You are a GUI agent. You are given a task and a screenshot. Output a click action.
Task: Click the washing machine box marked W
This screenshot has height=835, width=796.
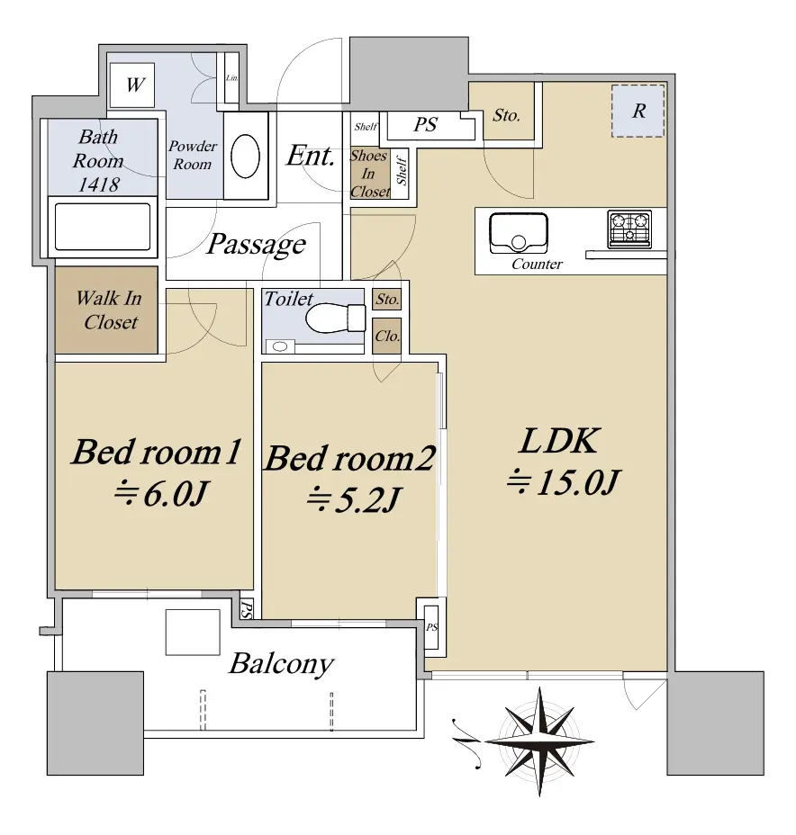[132, 85]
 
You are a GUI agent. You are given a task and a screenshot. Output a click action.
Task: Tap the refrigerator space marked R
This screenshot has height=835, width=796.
[638, 111]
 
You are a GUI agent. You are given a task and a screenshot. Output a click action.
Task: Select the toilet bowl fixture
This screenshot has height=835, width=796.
[336, 318]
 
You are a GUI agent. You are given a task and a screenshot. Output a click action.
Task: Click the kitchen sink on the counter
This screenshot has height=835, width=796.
[519, 233]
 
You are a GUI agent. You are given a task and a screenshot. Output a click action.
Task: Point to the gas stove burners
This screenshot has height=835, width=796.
[629, 229]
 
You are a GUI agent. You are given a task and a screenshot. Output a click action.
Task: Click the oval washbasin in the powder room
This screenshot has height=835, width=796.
[245, 156]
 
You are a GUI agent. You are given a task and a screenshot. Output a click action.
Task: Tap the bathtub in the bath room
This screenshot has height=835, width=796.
[103, 227]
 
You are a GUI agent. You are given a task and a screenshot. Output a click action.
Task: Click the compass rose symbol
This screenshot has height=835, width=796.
[539, 741]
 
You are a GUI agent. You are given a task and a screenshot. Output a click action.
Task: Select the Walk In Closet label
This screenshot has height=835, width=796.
[109, 310]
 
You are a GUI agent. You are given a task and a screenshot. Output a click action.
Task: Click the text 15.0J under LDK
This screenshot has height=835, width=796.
[577, 482]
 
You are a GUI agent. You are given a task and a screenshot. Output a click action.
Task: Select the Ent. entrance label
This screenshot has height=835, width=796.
[311, 156]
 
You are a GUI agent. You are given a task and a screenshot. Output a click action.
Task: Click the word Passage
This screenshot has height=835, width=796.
[257, 246]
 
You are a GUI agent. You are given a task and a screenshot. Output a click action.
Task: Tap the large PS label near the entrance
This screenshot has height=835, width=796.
[425, 124]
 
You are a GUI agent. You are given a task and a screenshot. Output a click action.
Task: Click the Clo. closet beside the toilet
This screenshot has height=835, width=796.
[387, 336]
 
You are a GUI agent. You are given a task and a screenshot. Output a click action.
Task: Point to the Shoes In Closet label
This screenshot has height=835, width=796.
[368, 174]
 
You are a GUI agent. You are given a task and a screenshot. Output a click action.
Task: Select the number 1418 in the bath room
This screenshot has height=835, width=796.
[98, 184]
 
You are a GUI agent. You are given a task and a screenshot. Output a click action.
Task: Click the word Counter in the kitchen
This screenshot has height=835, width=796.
[537, 265]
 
